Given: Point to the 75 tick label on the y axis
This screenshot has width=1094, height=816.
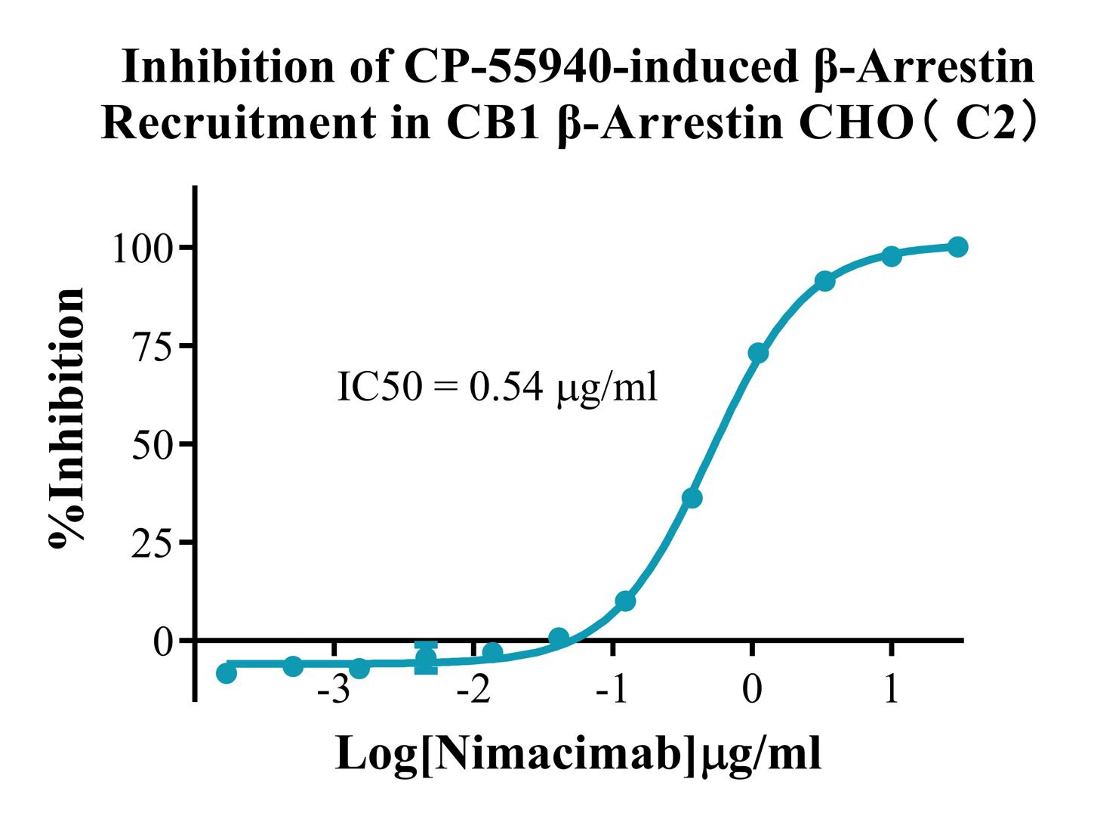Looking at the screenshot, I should [153, 346].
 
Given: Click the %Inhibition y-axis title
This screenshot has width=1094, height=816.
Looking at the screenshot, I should [66, 419].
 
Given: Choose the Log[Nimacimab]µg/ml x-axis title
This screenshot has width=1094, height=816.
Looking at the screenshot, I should [578, 753].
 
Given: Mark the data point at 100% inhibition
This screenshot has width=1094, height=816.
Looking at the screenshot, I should [957, 247].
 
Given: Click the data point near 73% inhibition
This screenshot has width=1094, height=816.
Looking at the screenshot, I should [758, 353].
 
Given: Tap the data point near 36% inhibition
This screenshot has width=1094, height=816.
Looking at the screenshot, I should [692, 498].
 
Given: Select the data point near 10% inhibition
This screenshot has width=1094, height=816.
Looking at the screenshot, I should [625, 601].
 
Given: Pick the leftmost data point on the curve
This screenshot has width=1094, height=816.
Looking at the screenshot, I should [227, 672].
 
